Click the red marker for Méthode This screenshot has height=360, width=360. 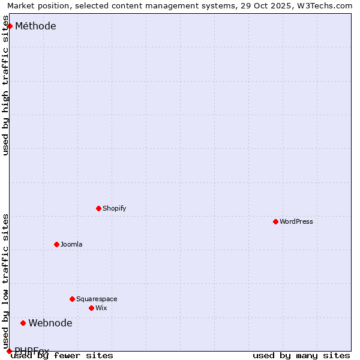tap(10, 26)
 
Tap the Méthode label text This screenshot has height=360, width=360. tap(35, 26)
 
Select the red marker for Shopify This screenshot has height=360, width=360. tap(98, 208)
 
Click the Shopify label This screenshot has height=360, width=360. tap(114, 208)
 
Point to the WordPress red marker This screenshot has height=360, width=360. tap(275, 221)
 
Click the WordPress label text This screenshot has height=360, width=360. tap(296, 221)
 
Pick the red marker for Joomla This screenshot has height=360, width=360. tap(56, 244)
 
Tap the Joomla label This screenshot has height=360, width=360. tap(71, 244)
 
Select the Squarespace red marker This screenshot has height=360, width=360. tap(72, 299)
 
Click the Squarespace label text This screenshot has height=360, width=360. tap(97, 299)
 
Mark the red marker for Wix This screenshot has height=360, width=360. tap(91, 308)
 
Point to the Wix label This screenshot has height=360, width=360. tap(101, 308)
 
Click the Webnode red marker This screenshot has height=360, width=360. tap(23, 323)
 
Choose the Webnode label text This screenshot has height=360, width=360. tap(50, 323)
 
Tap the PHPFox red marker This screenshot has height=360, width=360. tap(9, 351)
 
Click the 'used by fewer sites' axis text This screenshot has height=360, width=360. tap(62, 355)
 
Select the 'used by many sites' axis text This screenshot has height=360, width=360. tap(301, 355)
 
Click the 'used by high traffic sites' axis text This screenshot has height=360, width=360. tap(5, 86)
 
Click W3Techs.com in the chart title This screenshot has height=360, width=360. tap(324, 5)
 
